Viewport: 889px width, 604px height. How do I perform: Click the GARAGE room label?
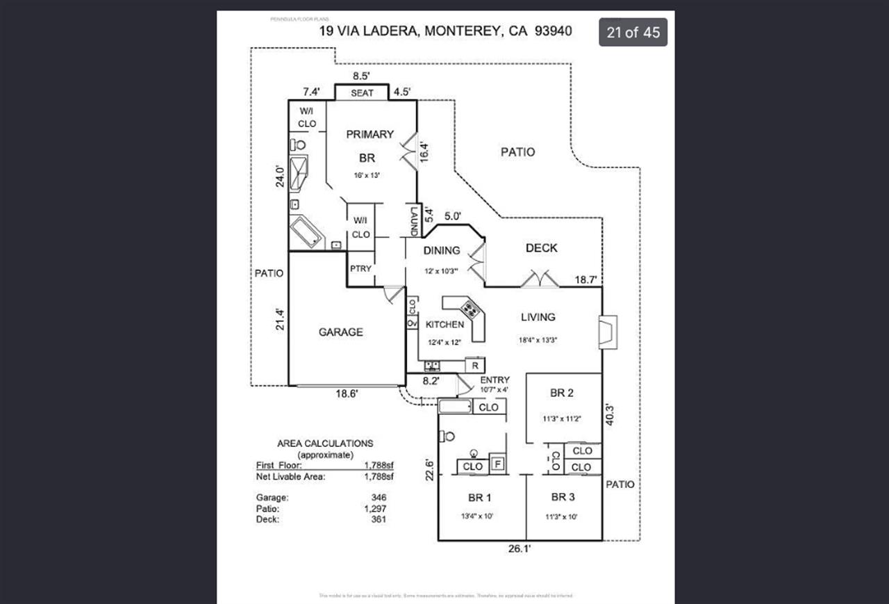[340, 332]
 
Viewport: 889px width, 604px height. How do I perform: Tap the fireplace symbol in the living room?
[606, 332]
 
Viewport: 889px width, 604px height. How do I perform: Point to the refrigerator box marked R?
[475, 366]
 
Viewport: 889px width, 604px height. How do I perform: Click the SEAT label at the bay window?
[362, 93]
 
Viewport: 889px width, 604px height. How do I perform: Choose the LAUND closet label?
[413, 221]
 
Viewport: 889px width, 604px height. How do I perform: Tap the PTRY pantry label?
[360, 268]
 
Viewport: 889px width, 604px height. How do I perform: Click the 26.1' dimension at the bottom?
[520, 549]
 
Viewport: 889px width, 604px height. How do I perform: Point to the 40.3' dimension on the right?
[610, 414]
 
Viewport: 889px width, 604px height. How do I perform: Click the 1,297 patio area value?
[376, 509]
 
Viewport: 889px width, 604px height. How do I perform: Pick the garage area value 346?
[379, 498]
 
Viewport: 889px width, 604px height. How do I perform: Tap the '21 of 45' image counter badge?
[633, 32]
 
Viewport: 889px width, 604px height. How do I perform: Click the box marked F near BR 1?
[497, 464]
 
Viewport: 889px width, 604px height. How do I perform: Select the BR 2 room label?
[562, 393]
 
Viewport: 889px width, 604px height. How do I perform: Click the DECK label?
[541, 248]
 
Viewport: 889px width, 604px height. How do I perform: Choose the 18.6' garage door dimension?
[347, 393]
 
